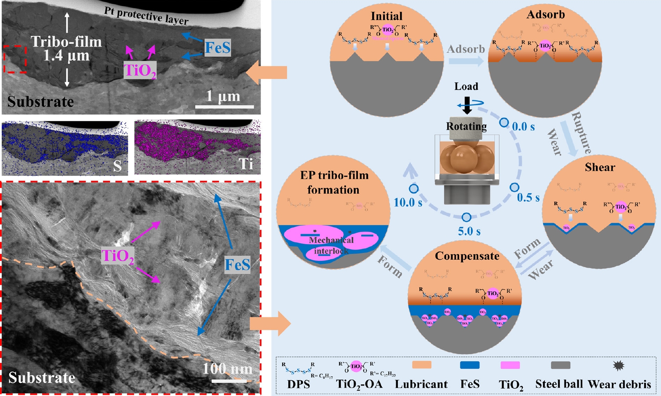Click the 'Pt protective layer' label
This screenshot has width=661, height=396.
[x=146, y=16]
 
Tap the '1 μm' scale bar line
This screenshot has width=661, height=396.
[x=225, y=107]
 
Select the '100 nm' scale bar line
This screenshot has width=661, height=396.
[x=228, y=381]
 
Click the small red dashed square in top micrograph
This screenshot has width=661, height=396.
[x=15, y=59]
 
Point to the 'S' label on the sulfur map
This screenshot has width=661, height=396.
[x=118, y=166]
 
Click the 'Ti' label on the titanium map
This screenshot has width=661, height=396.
[x=246, y=164]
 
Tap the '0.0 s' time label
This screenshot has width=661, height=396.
[x=523, y=127]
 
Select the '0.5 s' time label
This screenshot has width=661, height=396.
[x=528, y=197]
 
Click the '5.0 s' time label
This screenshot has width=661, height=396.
[x=469, y=231]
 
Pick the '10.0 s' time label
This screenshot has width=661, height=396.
[x=408, y=202]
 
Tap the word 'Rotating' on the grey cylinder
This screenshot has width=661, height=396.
[x=466, y=126]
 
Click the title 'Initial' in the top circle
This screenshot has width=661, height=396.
[x=386, y=16]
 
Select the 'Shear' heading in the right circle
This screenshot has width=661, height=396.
[x=600, y=167]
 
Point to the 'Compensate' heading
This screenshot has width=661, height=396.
[x=467, y=256]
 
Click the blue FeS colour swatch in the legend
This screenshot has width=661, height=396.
[x=470, y=365]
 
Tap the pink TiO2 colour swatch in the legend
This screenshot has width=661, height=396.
[x=510, y=365]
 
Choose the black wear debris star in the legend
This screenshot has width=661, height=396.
[x=618, y=365]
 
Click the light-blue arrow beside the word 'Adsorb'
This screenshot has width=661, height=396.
[x=466, y=61]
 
